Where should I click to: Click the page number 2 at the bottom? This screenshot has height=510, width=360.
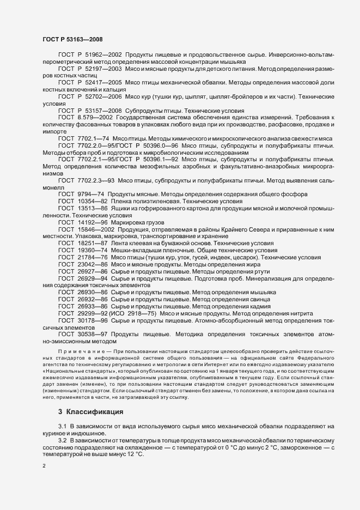coord(44,466)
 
